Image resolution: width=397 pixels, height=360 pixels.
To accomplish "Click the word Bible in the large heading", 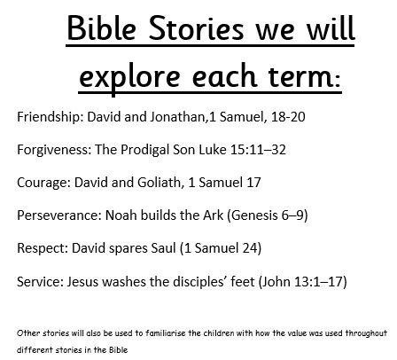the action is pos(102,27).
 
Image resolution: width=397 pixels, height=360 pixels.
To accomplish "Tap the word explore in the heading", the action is pos(129,77).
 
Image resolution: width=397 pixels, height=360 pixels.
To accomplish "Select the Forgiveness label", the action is pos(54,150).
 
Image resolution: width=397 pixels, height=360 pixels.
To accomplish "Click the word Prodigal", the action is pos(145,150).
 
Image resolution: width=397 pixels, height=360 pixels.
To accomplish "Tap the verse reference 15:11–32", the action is pos(258,150).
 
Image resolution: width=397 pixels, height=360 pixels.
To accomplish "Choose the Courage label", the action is pos(43,183).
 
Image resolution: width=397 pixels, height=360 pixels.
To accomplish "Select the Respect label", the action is pos(43,248).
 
